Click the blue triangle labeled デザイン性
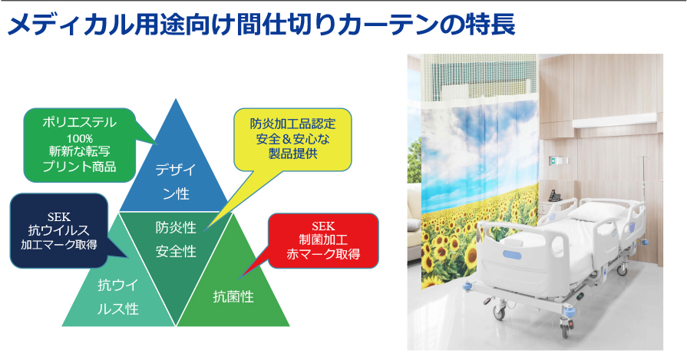(x=176, y=171)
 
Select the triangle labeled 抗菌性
(x=233, y=285)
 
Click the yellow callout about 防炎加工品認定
(x=292, y=139)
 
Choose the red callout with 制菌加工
(x=323, y=240)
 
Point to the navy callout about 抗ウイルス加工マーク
(x=58, y=231)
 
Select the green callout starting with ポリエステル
(x=79, y=145)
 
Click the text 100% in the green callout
(x=79, y=139)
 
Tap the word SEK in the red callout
(x=323, y=226)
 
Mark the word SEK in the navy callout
(x=58, y=216)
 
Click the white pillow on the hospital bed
(x=595, y=213)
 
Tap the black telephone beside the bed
(x=555, y=195)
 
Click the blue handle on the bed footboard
(x=512, y=255)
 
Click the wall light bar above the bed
(x=614, y=119)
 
